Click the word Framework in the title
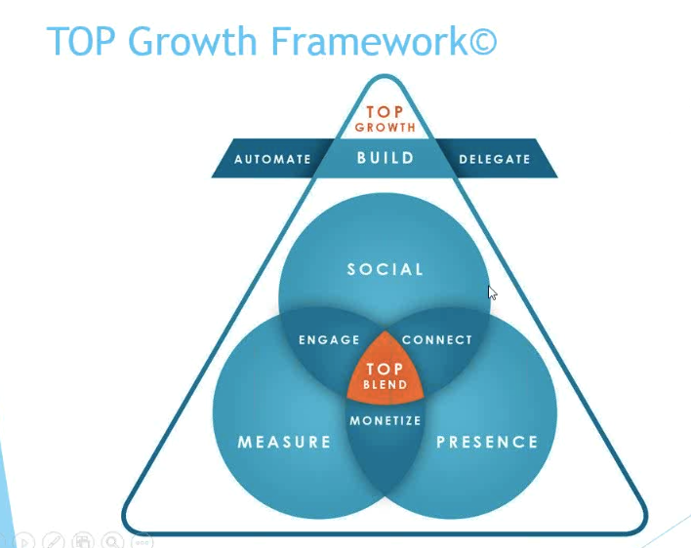(370, 41)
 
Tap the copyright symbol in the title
(483, 41)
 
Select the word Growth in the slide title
(192, 41)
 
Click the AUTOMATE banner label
(272, 159)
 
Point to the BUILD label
(386, 158)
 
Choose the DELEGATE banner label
(495, 159)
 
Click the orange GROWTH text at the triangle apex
(386, 128)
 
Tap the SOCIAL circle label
(386, 269)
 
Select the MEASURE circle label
(284, 442)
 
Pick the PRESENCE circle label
(487, 442)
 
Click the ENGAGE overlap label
(329, 339)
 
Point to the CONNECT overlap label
(436, 339)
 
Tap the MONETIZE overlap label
(386, 421)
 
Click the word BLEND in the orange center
(386, 385)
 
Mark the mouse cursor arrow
(492, 293)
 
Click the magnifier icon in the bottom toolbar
(112, 541)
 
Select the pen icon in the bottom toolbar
(54, 541)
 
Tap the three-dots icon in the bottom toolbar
(142, 541)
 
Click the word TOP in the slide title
(81, 41)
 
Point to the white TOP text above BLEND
(385, 369)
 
